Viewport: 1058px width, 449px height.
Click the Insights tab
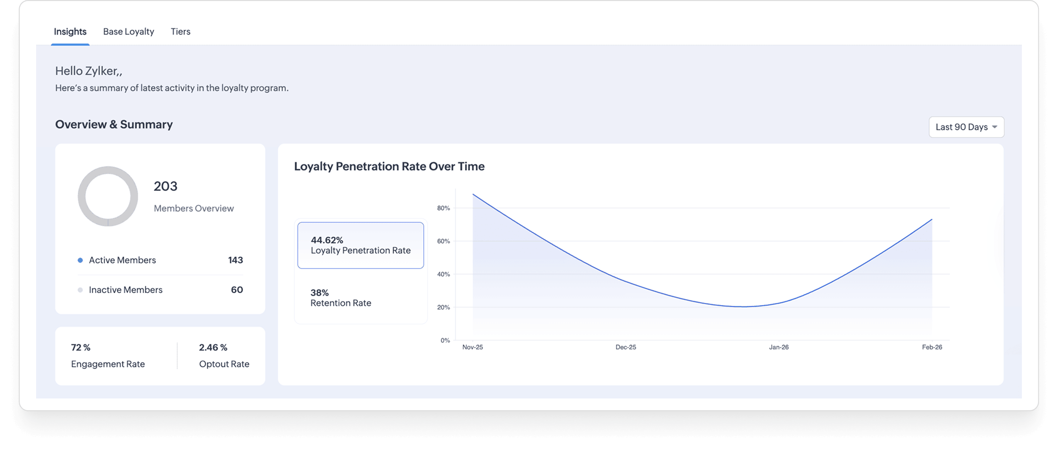click(70, 31)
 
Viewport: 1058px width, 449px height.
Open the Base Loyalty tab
click(128, 31)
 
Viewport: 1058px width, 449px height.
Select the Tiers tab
click(181, 31)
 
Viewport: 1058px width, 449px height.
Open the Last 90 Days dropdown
click(966, 127)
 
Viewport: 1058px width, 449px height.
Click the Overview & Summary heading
click(114, 124)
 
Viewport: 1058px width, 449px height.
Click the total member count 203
click(165, 186)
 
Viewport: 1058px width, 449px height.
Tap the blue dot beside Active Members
click(80, 260)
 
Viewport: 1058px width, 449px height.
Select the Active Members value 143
click(235, 260)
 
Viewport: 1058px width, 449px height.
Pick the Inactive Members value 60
click(237, 290)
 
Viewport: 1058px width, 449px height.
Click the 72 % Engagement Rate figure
click(81, 347)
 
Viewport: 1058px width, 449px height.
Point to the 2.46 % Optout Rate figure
click(213, 347)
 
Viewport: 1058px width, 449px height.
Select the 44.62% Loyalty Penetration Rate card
click(360, 245)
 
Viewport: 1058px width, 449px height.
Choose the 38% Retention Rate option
click(340, 298)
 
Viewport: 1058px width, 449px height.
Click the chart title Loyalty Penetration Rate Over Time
click(389, 166)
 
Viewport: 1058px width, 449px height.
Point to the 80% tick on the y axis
click(443, 208)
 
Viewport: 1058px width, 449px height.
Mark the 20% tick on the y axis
click(443, 307)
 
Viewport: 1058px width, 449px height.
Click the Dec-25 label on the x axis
click(626, 347)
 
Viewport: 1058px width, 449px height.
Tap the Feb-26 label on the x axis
click(932, 347)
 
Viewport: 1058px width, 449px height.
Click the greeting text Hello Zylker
click(88, 71)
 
